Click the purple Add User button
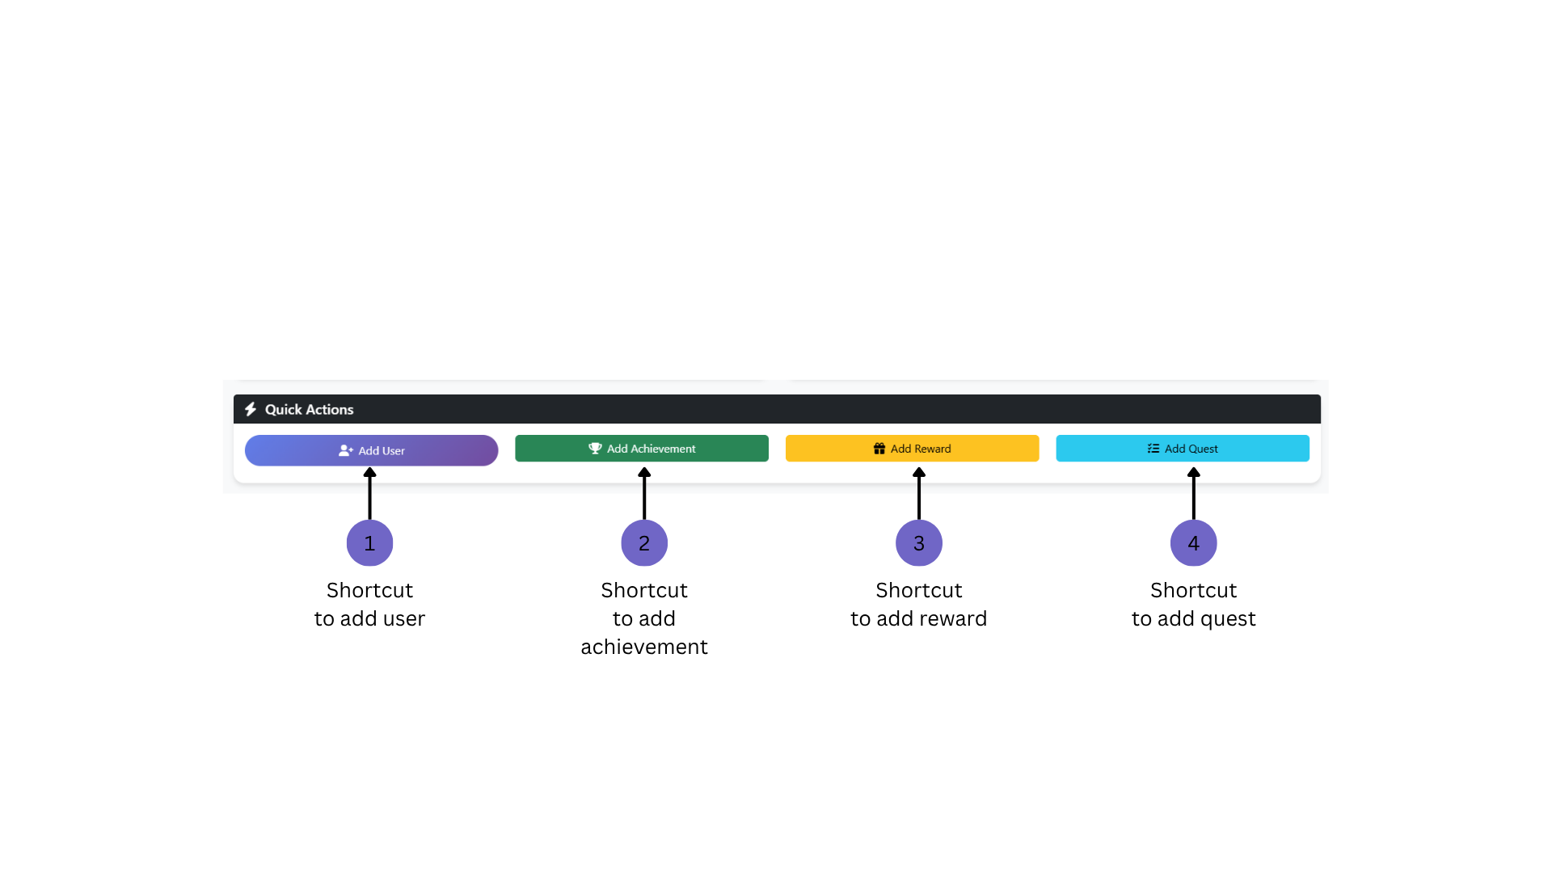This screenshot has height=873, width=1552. (371, 450)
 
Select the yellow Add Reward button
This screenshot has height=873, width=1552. (912, 449)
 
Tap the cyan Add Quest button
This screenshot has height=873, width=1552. (1183, 449)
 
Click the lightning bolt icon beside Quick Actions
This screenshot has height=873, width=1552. (251, 409)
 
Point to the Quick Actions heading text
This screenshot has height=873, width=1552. (309, 410)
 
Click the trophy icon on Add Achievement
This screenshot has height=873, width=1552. (595, 449)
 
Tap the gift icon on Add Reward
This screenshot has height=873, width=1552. (879, 449)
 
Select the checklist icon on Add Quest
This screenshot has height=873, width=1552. (1153, 449)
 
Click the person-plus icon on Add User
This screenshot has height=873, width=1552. (346, 450)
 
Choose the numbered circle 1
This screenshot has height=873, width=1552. (369, 543)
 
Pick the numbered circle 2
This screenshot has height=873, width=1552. (644, 543)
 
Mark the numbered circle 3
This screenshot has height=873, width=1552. (919, 543)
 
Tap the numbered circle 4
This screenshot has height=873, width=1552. (1194, 543)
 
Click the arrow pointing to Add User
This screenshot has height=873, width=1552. (369, 493)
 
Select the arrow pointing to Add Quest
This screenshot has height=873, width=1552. (1194, 493)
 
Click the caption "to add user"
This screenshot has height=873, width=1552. (369, 618)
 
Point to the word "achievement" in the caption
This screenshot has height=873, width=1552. (644, 647)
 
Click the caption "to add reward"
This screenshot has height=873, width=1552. (919, 618)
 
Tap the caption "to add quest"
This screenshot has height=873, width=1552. (1194, 619)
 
